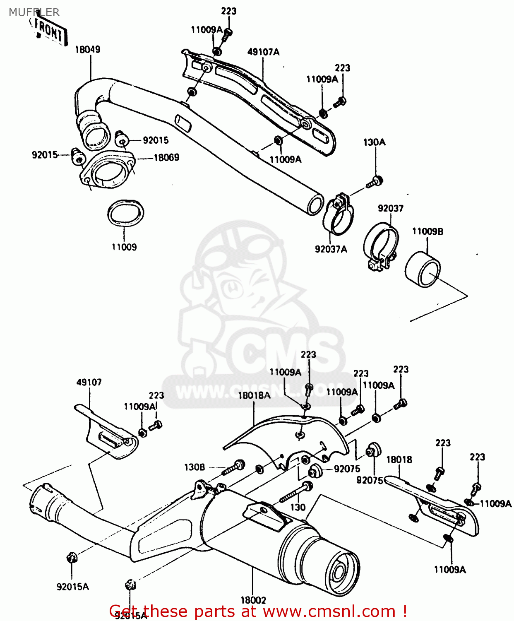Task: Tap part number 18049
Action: coord(87,50)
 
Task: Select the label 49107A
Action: coord(263,52)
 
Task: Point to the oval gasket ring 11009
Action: coord(126,214)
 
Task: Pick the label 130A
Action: coord(374,142)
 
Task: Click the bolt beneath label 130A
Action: coord(375,182)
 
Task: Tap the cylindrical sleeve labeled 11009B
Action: coord(423,270)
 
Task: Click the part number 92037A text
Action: coord(331,249)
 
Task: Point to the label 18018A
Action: coord(254,395)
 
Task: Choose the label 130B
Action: coord(194,467)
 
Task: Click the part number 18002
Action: coord(253,600)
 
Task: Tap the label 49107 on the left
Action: coord(89,383)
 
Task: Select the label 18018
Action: coord(399,460)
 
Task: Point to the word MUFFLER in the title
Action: coord(34,12)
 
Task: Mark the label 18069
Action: coord(166,158)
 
